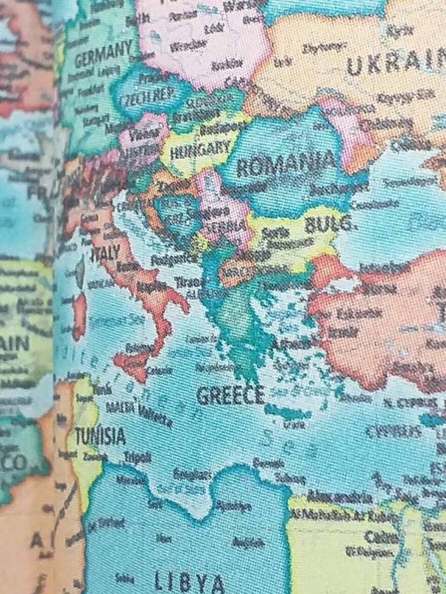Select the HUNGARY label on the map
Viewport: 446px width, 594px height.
click(200, 149)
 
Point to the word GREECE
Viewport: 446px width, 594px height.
click(231, 395)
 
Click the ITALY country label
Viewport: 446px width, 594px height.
click(105, 252)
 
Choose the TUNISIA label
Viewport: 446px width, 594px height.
click(100, 435)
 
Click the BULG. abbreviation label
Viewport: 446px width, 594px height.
click(328, 224)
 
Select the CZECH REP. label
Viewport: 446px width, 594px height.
click(146, 95)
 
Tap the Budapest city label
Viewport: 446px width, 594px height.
click(218, 129)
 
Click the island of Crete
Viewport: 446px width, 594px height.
click(287, 413)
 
